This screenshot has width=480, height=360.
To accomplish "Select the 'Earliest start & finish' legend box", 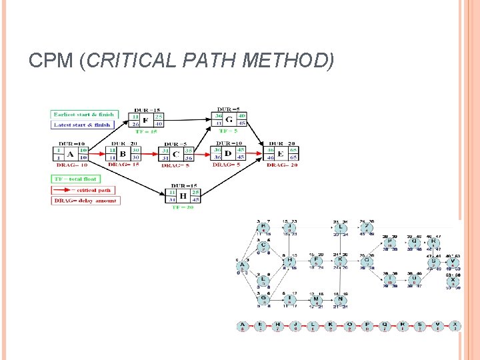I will click(x=84, y=114).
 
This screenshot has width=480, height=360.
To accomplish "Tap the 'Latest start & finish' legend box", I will click(x=83, y=124).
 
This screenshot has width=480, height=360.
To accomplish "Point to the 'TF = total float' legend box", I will click(x=75, y=179).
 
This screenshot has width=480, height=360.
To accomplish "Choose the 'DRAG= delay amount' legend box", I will click(x=85, y=200).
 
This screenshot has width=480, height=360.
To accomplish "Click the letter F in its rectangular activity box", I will click(x=145, y=121).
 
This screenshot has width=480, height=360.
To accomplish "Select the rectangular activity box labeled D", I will click(x=228, y=154).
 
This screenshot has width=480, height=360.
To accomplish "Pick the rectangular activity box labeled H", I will click(x=182, y=196).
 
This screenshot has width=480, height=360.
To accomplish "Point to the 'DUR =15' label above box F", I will click(x=145, y=109).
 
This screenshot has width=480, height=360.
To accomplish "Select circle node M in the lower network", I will click(x=315, y=299).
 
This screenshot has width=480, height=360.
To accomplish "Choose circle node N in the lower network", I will click(x=340, y=299).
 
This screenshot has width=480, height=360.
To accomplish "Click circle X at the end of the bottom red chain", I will click(x=455, y=326).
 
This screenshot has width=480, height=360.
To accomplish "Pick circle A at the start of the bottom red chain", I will click(x=242, y=326).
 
